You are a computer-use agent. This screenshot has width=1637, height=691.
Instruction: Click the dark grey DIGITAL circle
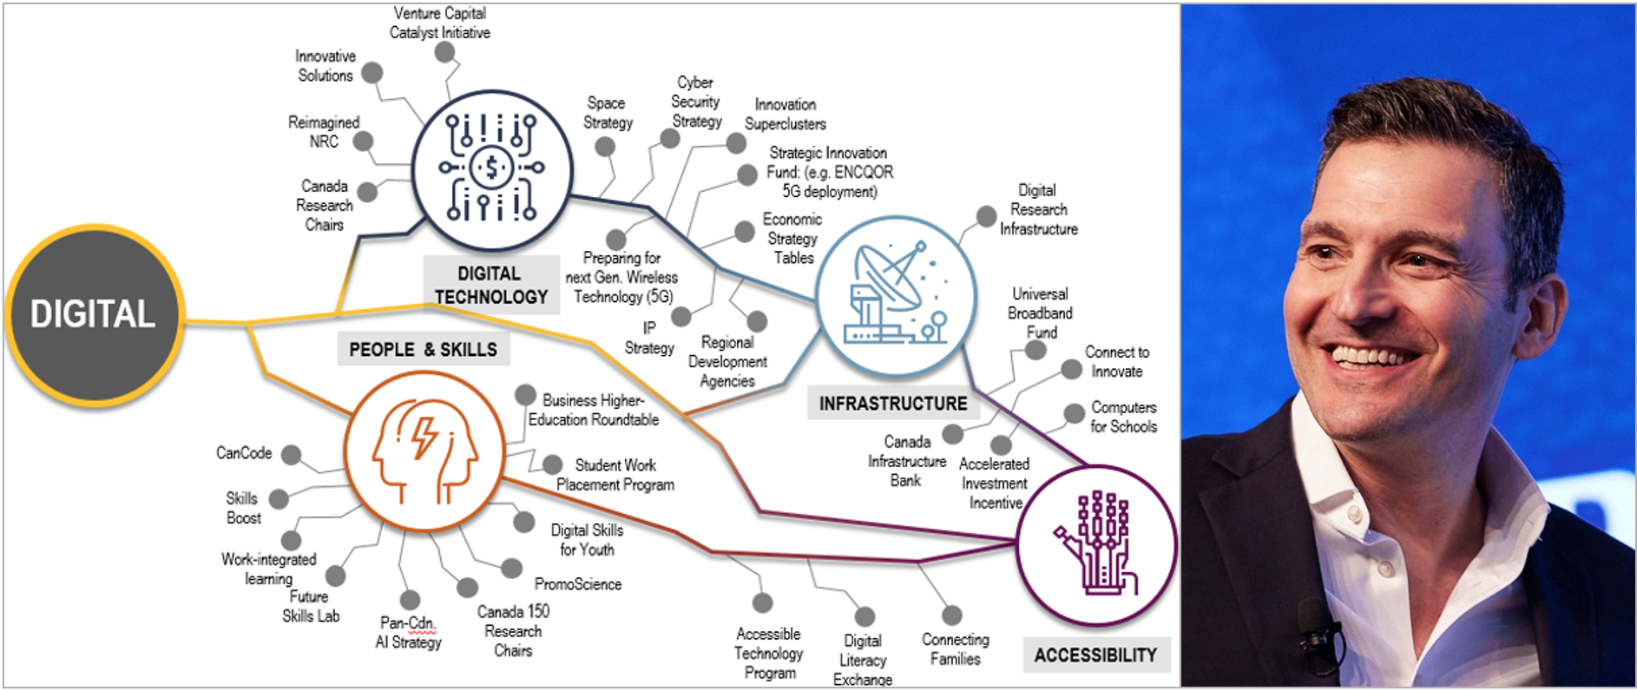tap(94, 315)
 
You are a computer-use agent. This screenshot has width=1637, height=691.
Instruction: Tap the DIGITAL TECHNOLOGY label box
tap(490, 285)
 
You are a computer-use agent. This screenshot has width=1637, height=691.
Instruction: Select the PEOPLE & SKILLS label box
tap(423, 350)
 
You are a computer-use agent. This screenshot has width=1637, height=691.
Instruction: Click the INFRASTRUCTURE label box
tap(892, 404)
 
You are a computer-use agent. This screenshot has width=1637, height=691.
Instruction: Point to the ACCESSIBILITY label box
tap(1095, 655)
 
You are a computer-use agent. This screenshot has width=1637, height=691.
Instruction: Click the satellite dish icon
tap(896, 296)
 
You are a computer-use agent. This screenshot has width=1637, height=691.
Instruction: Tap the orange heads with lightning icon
tap(424, 451)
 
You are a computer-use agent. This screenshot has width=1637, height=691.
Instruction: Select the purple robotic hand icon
tap(1095, 545)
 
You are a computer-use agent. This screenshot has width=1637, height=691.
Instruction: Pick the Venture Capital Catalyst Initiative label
tap(440, 23)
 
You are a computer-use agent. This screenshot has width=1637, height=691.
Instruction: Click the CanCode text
tap(244, 453)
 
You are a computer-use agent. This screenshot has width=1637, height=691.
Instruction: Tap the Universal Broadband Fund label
tap(1040, 313)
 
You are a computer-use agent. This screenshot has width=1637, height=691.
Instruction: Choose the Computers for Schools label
tap(1123, 417)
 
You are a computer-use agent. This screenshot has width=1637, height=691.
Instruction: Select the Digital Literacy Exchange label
tap(862, 660)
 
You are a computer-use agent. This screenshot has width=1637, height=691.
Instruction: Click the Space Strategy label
tap(608, 113)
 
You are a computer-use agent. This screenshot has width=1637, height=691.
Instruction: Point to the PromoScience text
tap(578, 584)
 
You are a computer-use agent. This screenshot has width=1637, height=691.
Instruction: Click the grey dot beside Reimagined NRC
tap(364, 141)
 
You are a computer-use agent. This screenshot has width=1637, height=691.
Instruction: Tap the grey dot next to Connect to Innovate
tap(1072, 369)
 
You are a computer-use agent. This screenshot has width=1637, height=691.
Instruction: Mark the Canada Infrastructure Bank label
tap(907, 461)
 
